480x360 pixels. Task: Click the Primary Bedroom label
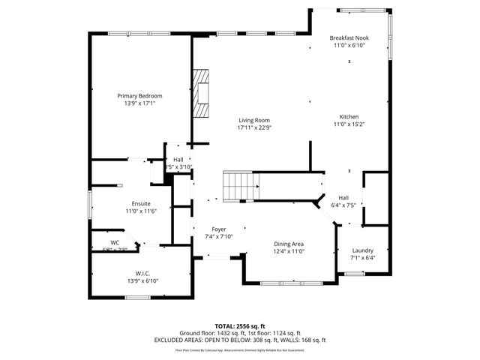[139, 95]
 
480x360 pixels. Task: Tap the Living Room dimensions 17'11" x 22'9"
[254, 128]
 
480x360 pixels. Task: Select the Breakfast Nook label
[349, 37]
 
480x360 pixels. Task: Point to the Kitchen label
[349, 117]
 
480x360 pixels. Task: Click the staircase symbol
[239, 185]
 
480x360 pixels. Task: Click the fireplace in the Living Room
[200, 94]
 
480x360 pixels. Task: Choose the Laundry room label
[362, 250]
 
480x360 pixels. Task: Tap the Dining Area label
[289, 244]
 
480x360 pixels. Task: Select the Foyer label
[219, 229]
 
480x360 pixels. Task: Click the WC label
[115, 242]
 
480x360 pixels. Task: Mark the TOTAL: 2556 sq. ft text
[240, 326]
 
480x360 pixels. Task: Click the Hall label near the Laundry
[343, 196]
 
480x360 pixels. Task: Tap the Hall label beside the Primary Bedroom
[178, 159]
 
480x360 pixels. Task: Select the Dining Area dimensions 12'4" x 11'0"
[289, 251]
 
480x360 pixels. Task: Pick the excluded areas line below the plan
[240, 340]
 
